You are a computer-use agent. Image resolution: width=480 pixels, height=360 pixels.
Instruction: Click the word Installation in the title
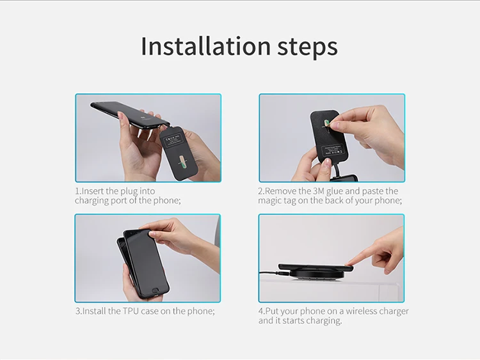196,47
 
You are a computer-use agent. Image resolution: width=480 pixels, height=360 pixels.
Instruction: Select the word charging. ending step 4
323,320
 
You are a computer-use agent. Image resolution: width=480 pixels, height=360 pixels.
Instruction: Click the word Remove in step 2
281,191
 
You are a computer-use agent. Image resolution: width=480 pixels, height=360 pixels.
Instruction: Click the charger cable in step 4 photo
269,273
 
